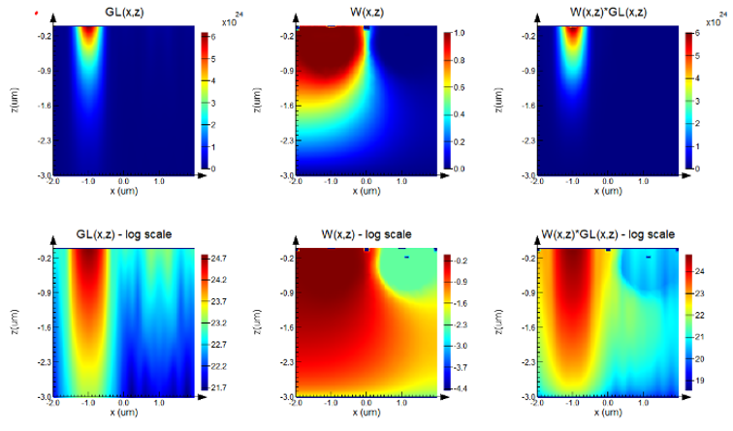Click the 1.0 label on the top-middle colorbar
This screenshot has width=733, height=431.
(462, 33)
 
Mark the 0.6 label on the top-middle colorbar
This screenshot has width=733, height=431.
(462, 87)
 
